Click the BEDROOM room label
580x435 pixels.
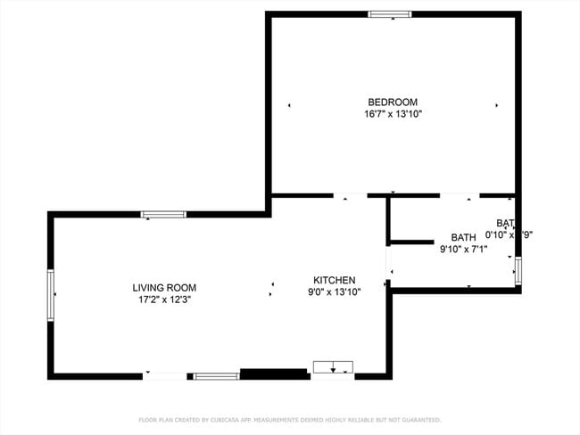click(x=393, y=102)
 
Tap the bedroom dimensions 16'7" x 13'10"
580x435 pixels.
click(x=393, y=114)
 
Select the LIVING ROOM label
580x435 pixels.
click(x=164, y=288)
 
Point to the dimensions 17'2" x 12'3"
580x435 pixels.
click(x=164, y=300)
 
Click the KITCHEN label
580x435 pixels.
click(x=334, y=280)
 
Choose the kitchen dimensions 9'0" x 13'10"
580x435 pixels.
click(x=334, y=292)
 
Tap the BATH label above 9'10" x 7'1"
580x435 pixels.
click(x=463, y=237)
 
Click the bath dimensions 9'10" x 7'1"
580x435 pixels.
click(x=463, y=250)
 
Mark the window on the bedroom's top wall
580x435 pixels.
click(x=391, y=14)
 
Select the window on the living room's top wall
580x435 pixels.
click(x=163, y=215)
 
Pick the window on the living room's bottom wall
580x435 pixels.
click(x=216, y=376)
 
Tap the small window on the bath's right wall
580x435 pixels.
click(x=518, y=269)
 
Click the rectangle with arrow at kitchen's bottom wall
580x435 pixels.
click(x=333, y=366)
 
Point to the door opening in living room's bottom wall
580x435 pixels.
click(x=165, y=376)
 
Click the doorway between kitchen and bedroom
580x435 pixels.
click(x=349, y=195)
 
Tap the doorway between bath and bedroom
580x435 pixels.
click(x=460, y=195)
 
